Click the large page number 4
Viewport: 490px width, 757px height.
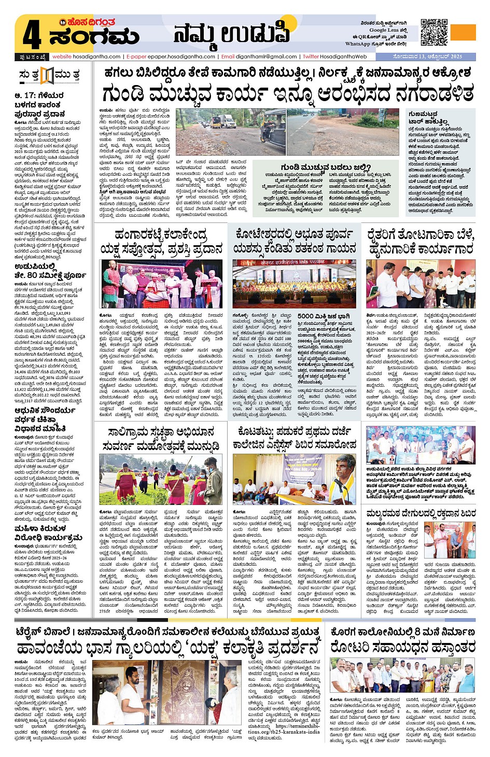point(31,34)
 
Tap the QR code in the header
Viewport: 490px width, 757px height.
point(433,32)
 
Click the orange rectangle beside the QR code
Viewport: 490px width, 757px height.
point(463,32)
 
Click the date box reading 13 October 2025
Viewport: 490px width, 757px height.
point(427,57)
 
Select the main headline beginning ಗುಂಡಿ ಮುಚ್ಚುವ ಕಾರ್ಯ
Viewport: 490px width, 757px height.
point(288,94)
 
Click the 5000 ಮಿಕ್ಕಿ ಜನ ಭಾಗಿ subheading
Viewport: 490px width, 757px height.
point(320,316)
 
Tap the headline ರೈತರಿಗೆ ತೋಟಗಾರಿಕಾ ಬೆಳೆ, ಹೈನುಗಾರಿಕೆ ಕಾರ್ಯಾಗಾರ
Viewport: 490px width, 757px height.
point(421,242)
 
